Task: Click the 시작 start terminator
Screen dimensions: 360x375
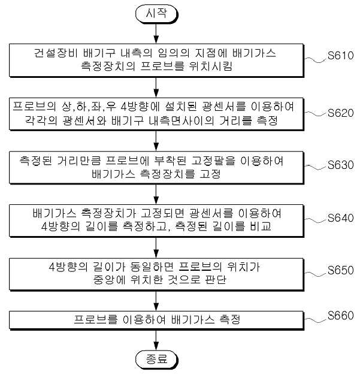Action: pyautogui.click(x=157, y=14)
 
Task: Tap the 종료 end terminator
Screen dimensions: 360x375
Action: pyautogui.click(x=157, y=359)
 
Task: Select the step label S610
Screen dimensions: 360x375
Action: pyautogui.click(x=341, y=56)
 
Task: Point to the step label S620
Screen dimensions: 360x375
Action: pyautogui.click(x=341, y=113)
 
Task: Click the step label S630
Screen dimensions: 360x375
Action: pyautogui.click(x=341, y=165)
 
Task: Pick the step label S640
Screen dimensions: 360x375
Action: pyautogui.click(x=341, y=218)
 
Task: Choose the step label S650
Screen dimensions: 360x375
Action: pyautogui.click(x=341, y=270)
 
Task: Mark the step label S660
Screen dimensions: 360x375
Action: pyautogui.click(x=341, y=316)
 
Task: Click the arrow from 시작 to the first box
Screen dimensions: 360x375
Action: pyautogui.click(x=156, y=33)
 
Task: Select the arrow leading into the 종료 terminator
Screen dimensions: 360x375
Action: pyautogui.click(x=156, y=340)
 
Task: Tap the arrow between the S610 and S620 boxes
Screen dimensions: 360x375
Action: pyautogui.click(x=156, y=87)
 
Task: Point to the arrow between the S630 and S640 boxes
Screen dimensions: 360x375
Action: pyautogui.click(x=156, y=193)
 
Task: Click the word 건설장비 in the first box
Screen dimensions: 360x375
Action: pyautogui.click(x=56, y=53)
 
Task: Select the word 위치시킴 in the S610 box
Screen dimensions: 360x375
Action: pyautogui.click(x=210, y=66)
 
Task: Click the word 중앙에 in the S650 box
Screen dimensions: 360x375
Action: pyautogui.click(x=109, y=279)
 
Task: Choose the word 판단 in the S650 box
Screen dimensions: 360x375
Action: pyautogui.click(x=216, y=279)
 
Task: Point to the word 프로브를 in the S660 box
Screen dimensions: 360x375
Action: pyautogui.click(x=96, y=319)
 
